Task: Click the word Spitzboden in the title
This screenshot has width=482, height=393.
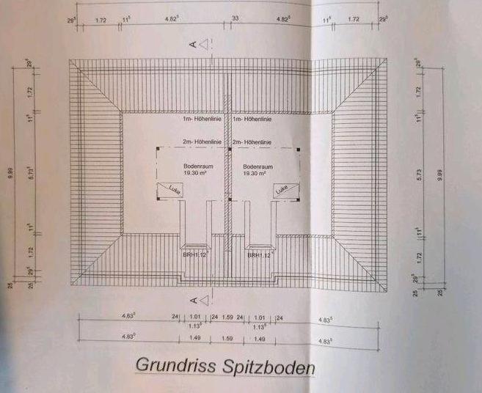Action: pyautogui.click(x=269, y=367)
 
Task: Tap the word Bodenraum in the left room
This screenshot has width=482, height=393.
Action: pyautogui.click(x=194, y=166)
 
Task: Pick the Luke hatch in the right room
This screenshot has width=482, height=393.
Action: pyautogui.click(x=282, y=190)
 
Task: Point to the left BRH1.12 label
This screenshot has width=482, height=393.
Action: pyautogui.click(x=195, y=255)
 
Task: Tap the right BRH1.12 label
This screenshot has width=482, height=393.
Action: pyautogui.click(x=260, y=255)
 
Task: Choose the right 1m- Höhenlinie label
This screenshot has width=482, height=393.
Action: pyautogui.click(x=253, y=119)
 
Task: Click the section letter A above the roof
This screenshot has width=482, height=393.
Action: pyautogui.click(x=193, y=45)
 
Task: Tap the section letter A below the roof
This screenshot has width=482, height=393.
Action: pyautogui.click(x=193, y=300)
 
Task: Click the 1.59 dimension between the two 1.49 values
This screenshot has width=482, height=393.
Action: pyautogui.click(x=227, y=339)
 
